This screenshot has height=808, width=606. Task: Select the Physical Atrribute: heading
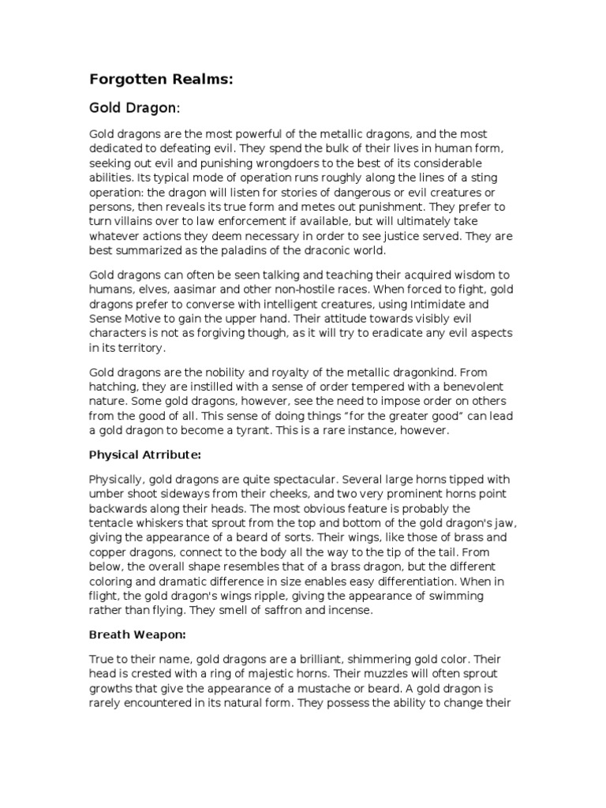(145, 456)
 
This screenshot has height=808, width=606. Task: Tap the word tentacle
(115, 522)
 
